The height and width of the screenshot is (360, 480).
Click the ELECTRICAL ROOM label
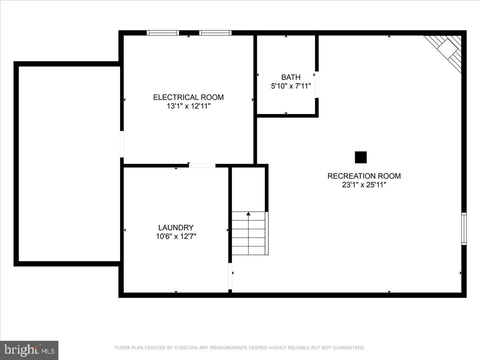click(188, 97)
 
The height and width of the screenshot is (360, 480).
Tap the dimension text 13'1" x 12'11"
click(188, 106)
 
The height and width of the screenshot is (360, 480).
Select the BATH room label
click(291, 77)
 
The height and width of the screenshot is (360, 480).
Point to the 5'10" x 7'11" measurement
click(291, 86)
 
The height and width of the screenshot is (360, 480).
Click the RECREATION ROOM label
click(364, 176)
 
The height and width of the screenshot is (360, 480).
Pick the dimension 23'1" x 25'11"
click(364, 185)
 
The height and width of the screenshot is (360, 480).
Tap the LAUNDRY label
click(176, 228)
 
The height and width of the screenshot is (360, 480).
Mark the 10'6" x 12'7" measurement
click(176, 236)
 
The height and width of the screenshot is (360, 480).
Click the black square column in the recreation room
click(361, 157)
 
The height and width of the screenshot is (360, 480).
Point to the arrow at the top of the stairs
click(248, 214)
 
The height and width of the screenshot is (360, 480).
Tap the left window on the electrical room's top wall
click(163, 33)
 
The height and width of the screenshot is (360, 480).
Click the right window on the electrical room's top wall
click(215, 33)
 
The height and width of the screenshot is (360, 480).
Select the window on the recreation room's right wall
click(464, 229)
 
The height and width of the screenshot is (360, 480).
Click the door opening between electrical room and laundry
click(202, 165)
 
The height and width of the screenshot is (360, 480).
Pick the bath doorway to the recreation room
click(316, 85)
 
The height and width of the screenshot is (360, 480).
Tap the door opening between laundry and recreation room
click(230, 276)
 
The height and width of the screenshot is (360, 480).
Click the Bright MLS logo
click(29, 350)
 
